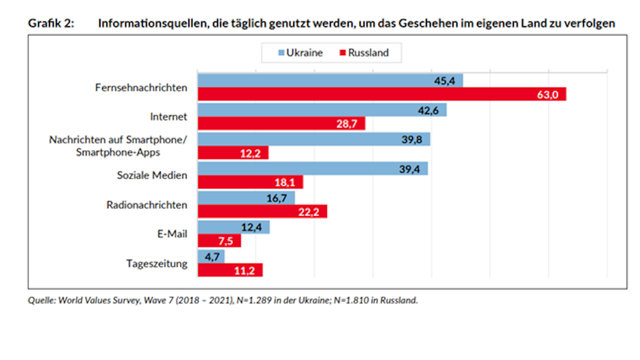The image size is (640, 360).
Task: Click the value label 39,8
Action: click(412, 140)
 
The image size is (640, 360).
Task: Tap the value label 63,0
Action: click(547, 95)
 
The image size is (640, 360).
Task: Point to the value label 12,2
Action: click(250, 153)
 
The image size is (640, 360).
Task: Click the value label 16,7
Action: click(276, 198)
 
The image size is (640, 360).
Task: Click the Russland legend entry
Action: click(364, 53)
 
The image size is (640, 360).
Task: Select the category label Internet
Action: click(169, 117)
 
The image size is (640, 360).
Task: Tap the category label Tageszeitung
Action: click(157, 264)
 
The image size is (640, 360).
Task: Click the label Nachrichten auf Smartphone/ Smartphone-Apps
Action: click(118, 146)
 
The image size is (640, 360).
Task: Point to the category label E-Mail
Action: click(172, 234)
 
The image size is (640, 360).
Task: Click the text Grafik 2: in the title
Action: click(51, 23)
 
